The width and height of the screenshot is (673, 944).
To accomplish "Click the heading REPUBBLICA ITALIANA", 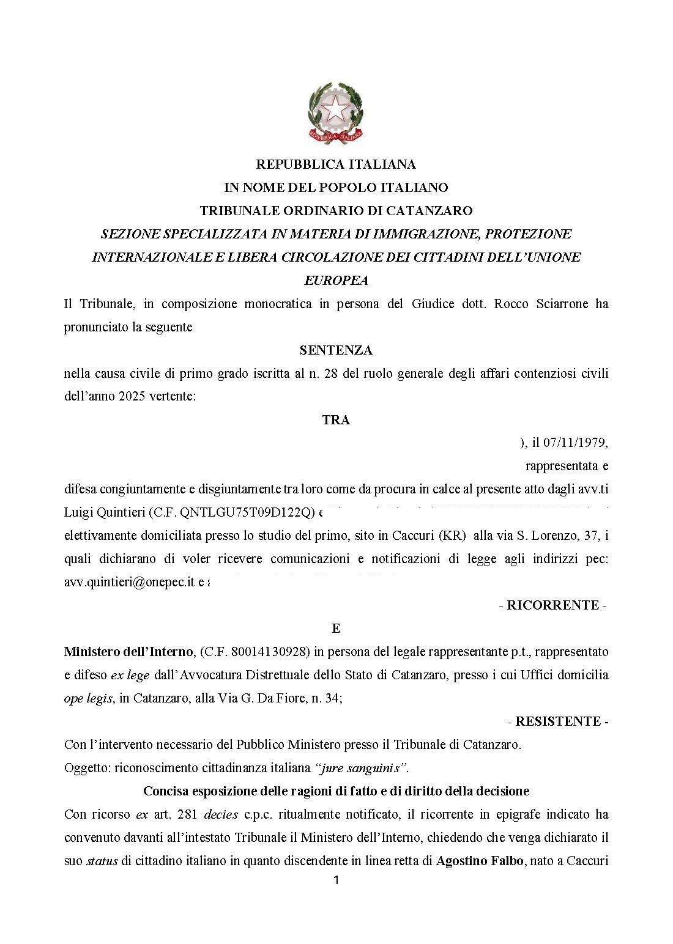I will [336, 164].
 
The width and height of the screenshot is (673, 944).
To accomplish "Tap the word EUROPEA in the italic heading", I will [336, 281].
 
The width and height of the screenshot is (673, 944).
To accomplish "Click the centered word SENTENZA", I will [336, 350].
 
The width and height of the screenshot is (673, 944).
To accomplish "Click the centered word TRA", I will [336, 420].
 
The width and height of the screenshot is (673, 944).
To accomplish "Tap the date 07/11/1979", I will [576, 443].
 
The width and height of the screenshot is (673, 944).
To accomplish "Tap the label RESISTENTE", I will [557, 722].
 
